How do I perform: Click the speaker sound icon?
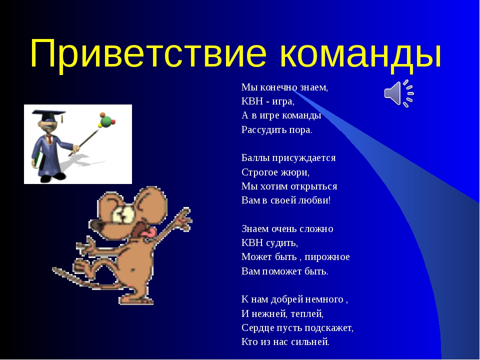pos(399,93)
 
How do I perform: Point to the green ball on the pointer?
pos(105,121)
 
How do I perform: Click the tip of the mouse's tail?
pos(54,269)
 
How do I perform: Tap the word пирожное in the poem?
pos(327,257)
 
